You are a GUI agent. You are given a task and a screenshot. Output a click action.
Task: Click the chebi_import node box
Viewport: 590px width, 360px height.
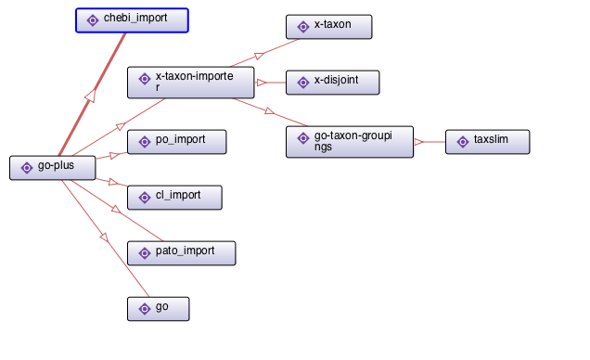coord(132,20)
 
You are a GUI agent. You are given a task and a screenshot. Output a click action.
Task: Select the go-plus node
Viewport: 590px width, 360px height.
coord(53,168)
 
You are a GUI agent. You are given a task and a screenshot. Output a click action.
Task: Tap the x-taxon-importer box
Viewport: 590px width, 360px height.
coord(191,83)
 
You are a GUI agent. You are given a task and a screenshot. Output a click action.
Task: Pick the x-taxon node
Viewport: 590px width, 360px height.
coord(329,27)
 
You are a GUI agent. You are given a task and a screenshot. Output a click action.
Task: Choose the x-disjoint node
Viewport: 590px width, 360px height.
coord(333,83)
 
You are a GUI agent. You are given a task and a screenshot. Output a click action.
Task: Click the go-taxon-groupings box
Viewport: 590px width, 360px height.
coord(350,142)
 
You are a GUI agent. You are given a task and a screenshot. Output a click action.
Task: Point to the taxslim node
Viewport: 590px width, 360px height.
coord(488,142)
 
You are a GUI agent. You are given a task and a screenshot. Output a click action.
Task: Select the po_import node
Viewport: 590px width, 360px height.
coord(177,142)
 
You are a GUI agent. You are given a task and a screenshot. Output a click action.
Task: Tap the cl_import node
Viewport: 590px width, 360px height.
coord(174,198)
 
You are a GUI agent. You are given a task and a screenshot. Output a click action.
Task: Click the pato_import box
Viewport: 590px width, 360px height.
coord(182,253)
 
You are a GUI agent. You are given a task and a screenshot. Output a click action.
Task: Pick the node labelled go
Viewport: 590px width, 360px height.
coord(159,309)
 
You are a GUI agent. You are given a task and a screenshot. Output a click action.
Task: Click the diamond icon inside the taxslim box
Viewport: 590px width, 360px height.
coord(463,142)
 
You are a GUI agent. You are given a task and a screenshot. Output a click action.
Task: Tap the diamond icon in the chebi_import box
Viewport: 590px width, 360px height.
coord(93,20)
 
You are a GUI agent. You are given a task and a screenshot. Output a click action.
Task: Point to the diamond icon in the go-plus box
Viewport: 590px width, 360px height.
coord(27,168)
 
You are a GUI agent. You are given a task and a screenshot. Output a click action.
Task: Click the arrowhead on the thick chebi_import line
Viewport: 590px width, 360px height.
coord(90,96)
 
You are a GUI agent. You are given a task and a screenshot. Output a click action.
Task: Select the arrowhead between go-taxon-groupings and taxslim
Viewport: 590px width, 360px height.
coord(418,142)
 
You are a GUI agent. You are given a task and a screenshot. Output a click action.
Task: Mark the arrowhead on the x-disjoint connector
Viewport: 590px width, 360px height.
coord(261,83)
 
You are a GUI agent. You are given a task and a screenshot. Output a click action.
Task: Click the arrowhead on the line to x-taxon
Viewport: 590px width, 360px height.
coord(259,56)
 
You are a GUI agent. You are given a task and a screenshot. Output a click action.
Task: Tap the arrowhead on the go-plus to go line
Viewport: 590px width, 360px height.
coord(104,238)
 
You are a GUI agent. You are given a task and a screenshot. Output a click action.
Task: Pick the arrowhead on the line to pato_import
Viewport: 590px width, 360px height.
coord(116,209)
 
